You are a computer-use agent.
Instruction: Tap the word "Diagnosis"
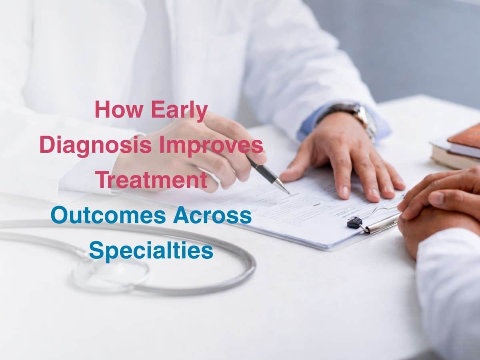click(x=95, y=145)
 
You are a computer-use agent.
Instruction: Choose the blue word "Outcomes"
click(x=108, y=216)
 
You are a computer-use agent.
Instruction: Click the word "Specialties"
click(x=151, y=251)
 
